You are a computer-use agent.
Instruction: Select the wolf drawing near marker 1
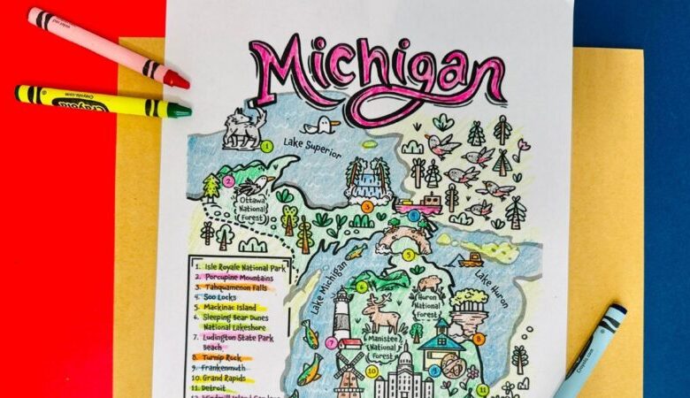242,127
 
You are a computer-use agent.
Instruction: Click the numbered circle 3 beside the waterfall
366,207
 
